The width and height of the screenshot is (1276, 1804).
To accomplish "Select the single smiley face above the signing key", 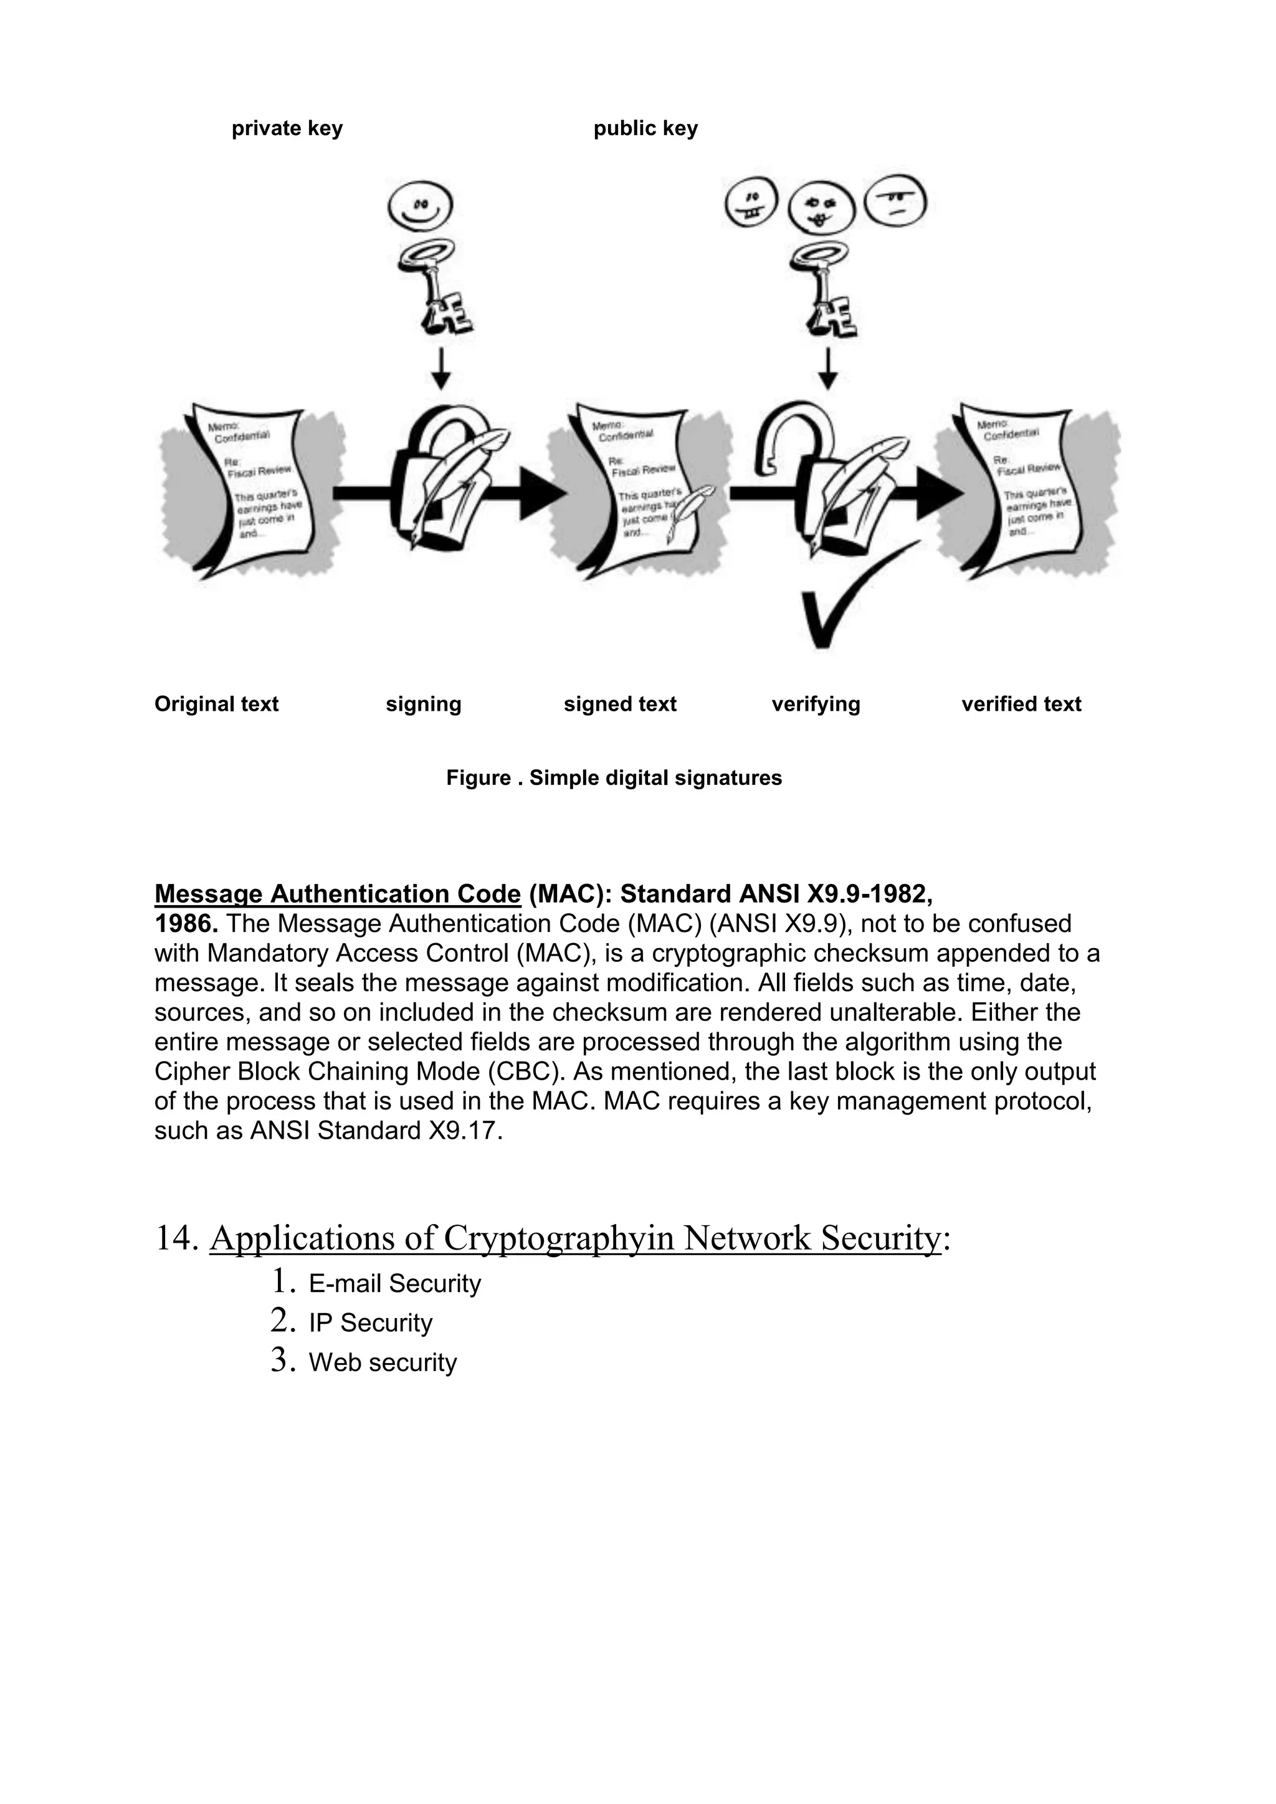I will (x=421, y=207).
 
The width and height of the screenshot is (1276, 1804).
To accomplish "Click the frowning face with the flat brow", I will (x=895, y=201).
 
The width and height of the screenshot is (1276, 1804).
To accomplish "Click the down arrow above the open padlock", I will (x=827, y=369).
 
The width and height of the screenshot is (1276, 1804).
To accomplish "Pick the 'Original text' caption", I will (x=216, y=704).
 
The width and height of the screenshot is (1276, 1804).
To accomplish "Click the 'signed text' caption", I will (x=619, y=704).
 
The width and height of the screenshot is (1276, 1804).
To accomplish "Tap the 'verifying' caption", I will (x=816, y=704).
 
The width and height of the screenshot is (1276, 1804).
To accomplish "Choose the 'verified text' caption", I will (x=1021, y=704).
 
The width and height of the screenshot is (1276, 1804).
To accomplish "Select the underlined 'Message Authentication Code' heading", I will (x=337, y=894).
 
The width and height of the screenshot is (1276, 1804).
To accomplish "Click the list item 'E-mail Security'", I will (x=394, y=1284).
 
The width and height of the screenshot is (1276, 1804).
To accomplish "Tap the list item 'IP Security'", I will (x=370, y=1323).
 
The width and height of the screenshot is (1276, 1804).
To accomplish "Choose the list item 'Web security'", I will (x=383, y=1362).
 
